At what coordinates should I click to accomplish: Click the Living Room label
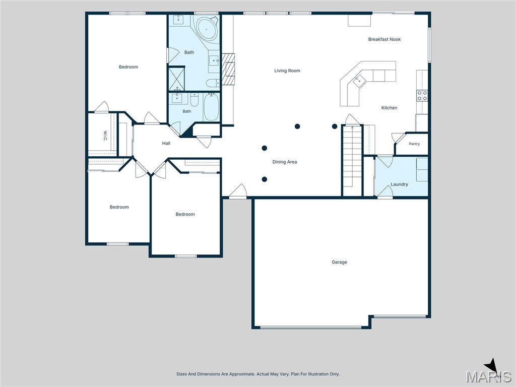pyautogui.click(x=287, y=71)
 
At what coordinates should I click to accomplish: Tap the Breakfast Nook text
pyautogui.click(x=384, y=39)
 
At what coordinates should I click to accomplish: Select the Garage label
pyautogui.click(x=339, y=262)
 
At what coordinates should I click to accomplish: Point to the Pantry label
pyautogui.click(x=414, y=144)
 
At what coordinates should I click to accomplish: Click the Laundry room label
pyautogui.click(x=399, y=184)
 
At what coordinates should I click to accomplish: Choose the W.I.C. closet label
pyautogui.click(x=105, y=136)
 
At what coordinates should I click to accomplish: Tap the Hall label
pyautogui.click(x=166, y=143)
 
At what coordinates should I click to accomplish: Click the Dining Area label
pyautogui.click(x=285, y=162)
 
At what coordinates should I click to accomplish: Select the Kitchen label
pyautogui.click(x=390, y=108)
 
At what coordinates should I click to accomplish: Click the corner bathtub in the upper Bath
pyautogui.click(x=207, y=29)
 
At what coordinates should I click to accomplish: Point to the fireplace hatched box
pyautogui.click(x=228, y=69)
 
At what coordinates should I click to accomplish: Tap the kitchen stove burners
pyautogui.click(x=422, y=96)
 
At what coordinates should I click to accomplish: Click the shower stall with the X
pyautogui.click(x=177, y=78)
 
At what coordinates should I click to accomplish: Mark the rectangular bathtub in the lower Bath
pyautogui.click(x=211, y=107)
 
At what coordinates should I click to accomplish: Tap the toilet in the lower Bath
pyautogui.click(x=195, y=100)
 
